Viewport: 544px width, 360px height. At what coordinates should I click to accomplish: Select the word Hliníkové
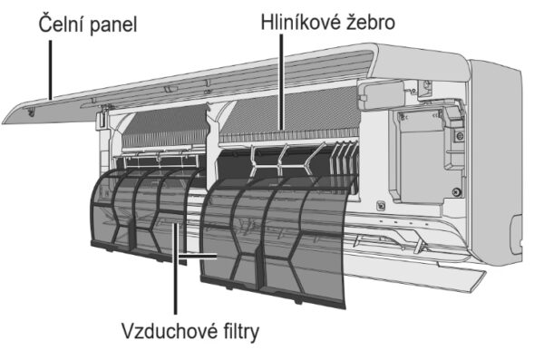tap(300, 22)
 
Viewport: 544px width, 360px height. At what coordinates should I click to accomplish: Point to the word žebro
tap(371, 22)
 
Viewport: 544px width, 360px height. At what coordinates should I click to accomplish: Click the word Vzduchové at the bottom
tap(167, 331)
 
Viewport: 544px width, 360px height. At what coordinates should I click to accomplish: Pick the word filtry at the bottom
tap(239, 332)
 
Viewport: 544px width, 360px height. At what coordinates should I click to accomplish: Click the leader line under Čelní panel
tap(51, 70)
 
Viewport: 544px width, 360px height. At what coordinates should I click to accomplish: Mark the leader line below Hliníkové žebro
tap(281, 83)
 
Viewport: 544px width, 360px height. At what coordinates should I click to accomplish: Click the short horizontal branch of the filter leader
tap(197, 257)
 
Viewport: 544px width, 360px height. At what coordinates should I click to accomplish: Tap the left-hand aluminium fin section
tap(166, 127)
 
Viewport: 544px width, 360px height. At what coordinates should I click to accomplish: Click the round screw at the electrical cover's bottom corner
tap(457, 191)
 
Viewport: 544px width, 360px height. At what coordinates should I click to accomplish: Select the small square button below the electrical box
tap(381, 206)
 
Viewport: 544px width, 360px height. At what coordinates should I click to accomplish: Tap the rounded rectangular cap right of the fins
tap(382, 94)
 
